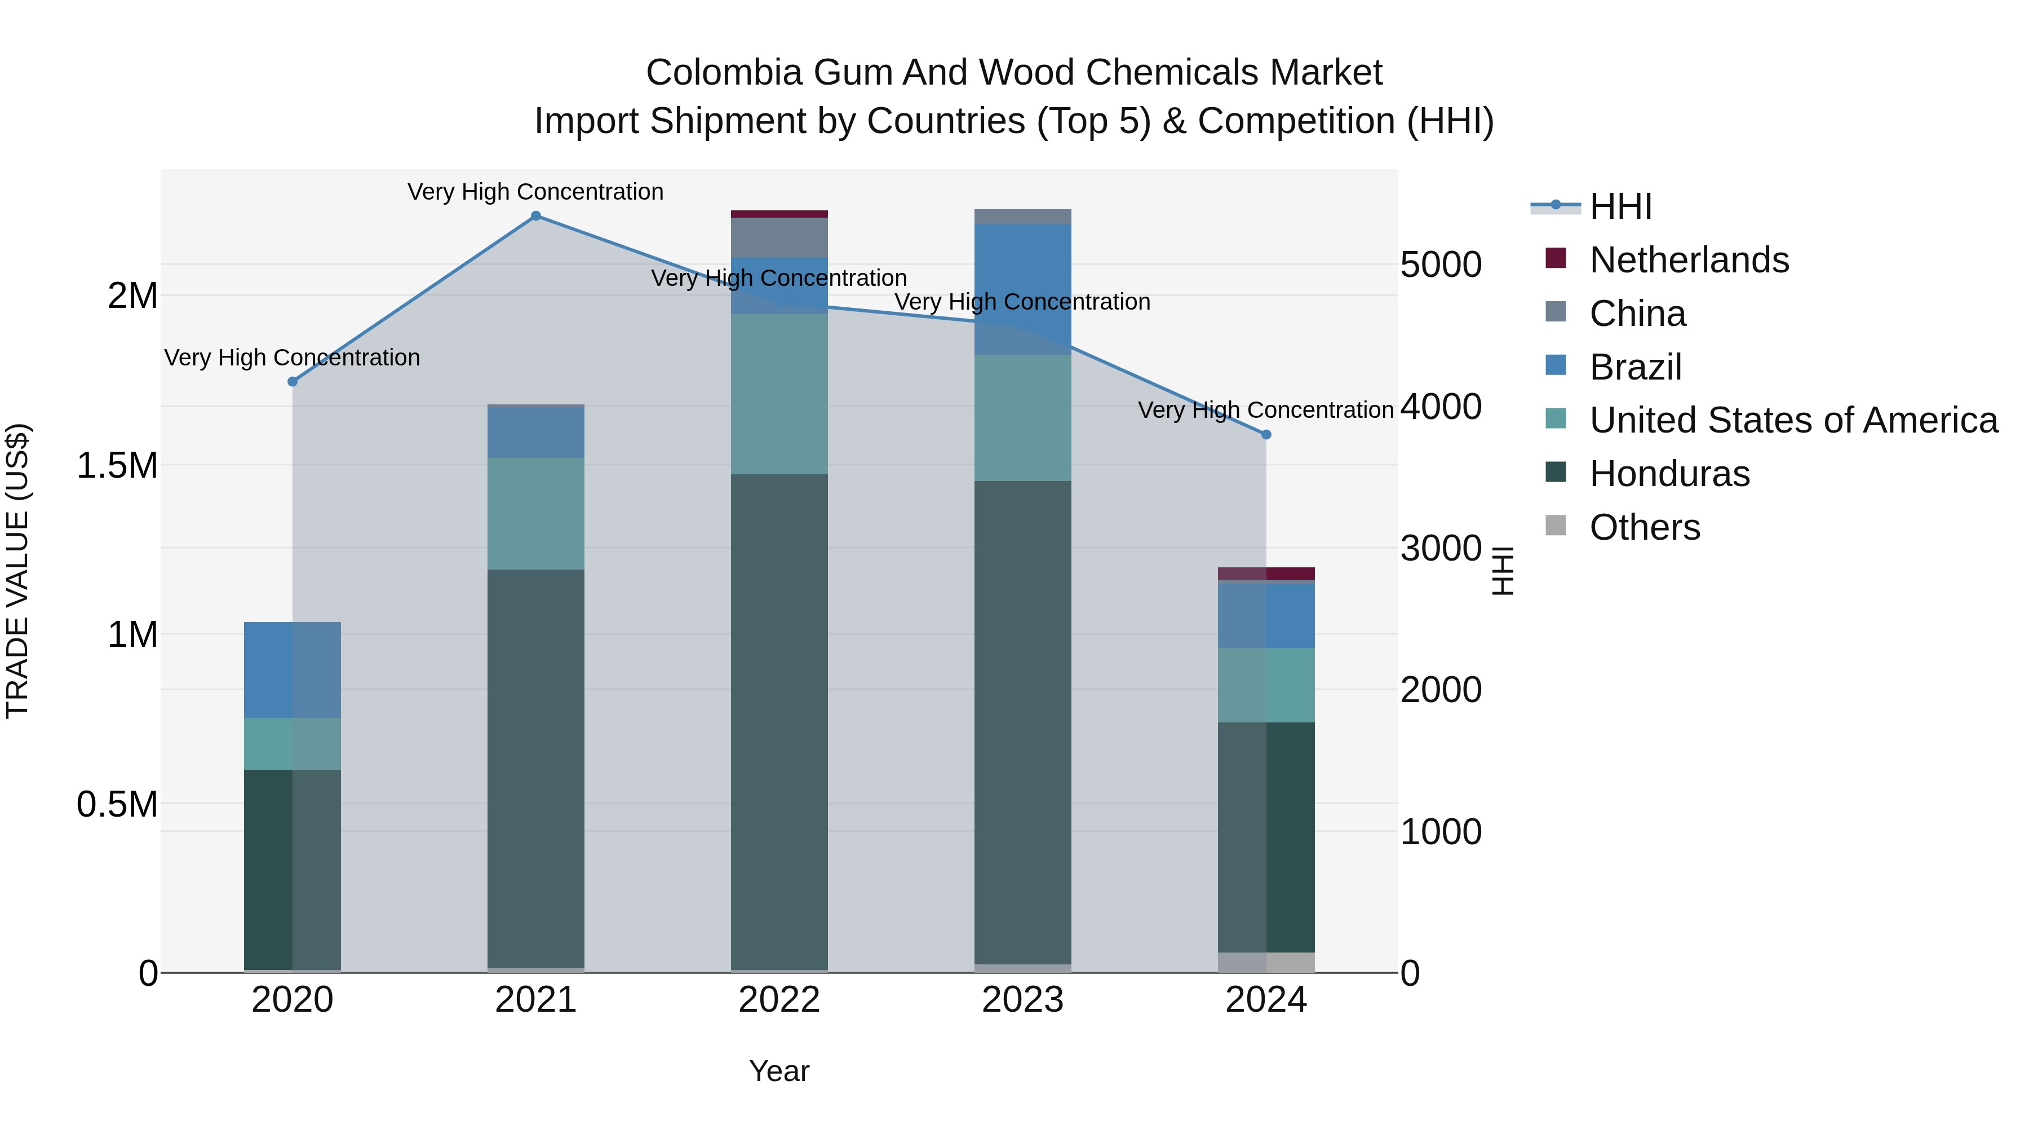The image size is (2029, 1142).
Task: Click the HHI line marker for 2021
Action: click(535, 216)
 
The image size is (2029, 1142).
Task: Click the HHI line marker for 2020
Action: click(292, 381)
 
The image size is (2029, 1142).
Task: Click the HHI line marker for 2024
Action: click(1266, 434)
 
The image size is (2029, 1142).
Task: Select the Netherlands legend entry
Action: click(1689, 260)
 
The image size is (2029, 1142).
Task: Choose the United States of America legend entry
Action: click(1793, 420)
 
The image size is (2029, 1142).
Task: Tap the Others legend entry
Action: click(1645, 527)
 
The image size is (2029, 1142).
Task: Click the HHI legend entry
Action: click(1620, 206)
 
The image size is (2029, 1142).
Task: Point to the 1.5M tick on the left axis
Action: click(117, 465)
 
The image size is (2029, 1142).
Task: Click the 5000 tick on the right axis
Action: click(1441, 265)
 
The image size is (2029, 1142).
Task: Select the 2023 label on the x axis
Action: click(1022, 1000)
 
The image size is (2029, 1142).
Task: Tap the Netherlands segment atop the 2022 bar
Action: click(779, 214)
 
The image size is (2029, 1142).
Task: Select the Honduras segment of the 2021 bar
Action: click(535, 769)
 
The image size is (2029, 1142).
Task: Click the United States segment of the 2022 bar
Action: click(779, 394)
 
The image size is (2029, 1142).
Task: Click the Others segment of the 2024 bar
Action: click(1266, 962)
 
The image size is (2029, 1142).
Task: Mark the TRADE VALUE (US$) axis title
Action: click(17, 571)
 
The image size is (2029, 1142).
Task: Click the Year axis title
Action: click(779, 1071)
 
